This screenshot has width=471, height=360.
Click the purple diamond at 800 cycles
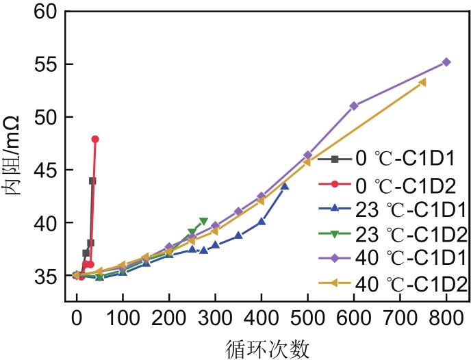[446, 62]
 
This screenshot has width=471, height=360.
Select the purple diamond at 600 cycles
[354, 105]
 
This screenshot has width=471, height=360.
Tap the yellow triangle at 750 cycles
[422, 82]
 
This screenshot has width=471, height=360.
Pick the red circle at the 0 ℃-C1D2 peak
[95, 139]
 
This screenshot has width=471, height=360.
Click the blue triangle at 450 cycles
[285, 186]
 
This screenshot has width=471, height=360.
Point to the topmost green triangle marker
[204, 221]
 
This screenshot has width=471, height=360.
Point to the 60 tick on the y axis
[49, 12]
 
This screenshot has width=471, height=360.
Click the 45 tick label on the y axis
[49, 170]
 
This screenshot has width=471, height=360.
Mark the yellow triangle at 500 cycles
[307, 162]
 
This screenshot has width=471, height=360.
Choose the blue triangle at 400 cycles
[262, 222]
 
